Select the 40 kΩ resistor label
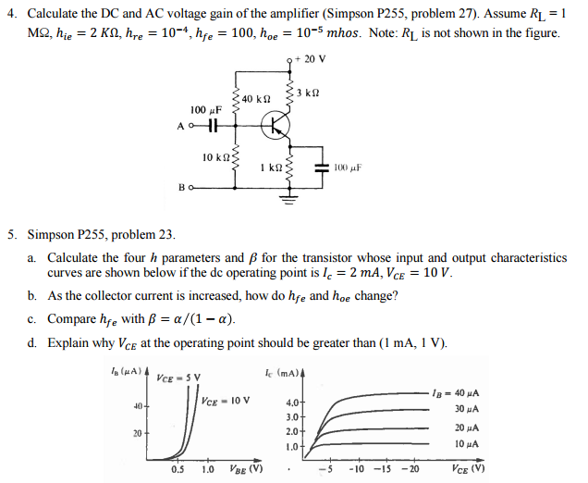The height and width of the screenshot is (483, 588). click(x=256, y=99)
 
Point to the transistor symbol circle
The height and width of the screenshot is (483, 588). click(x=275, y=126)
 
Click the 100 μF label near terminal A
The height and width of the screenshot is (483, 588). click(x=204, y=108)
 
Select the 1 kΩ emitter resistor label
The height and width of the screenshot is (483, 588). click(x=273, y=167)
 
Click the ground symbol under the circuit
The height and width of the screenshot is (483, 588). click(x=288, y=196)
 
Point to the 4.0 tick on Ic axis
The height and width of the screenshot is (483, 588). click(x=292, y=402)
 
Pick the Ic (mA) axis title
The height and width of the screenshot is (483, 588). click(x=280, y=372)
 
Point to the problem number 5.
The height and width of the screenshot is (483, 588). click(x=12, y=236)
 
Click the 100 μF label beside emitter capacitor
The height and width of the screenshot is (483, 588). click(x=345, y=168)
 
